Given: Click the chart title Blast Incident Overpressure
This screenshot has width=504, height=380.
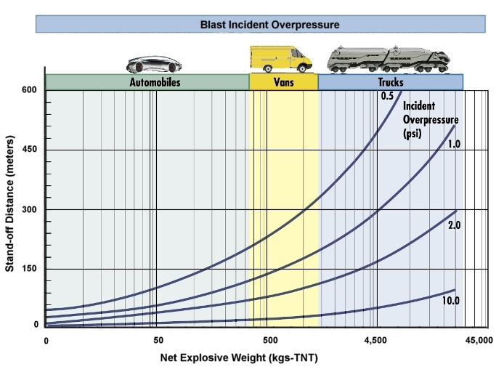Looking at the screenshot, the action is [x=269, y=25].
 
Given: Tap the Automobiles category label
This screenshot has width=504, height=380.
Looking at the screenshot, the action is [x=155, y=82].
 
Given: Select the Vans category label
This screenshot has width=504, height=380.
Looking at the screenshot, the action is [x=284, y=82].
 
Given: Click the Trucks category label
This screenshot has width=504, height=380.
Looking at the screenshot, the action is [x=391, y=82].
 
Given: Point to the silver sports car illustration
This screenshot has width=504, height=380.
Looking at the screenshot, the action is [x=154, y=65].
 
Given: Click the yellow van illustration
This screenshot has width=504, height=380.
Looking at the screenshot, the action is [x=280, y=59].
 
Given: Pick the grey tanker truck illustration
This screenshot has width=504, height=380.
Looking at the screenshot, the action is [x=389, y=59].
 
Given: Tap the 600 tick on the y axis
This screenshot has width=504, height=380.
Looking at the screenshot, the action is [x=29, y=89].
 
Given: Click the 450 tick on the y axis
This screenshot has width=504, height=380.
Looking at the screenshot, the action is [x=29, y=149].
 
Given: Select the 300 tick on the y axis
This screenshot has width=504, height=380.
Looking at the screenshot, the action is [x=29, y=209].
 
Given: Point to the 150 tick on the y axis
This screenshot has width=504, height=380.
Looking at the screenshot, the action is [x=29, y=268].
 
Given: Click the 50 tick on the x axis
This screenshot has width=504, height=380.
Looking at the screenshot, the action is [x=158, y=341].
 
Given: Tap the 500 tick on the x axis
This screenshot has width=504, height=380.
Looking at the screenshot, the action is [x=270, y=341].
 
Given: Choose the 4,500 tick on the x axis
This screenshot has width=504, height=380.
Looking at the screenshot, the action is [x=375, y=341].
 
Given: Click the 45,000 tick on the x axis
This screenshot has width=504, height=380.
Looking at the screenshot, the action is [x=479, y=341].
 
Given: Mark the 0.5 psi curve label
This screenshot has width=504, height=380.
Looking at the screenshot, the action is [x=387, y=96].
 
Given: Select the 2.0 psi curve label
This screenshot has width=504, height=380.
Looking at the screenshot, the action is [x=454, y=225].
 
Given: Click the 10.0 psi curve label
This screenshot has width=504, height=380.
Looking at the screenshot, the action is [x=451, y=301].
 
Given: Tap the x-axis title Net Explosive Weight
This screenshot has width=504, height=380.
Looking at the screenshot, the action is [x=239, y=357].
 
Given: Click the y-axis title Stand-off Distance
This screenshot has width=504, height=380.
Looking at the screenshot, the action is [x=10, y=204].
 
